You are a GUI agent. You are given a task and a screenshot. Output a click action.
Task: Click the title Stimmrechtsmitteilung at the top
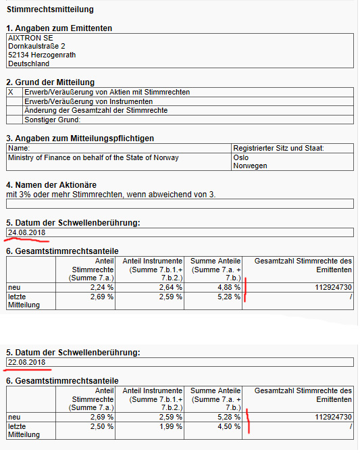click(x=50, y=10)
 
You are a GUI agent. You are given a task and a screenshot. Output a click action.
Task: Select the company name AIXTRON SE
click(x=30, y=38)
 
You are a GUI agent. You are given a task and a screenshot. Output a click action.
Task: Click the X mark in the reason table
click(x=10, y=92)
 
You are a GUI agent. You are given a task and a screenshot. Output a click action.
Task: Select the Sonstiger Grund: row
click(x=52, y=120)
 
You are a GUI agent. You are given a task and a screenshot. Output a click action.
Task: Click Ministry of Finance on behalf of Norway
click(x=93, y=157)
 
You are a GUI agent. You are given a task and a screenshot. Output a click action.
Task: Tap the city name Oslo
click(x=240, y=157)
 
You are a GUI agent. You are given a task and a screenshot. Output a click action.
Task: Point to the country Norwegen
click(x=250, y=166)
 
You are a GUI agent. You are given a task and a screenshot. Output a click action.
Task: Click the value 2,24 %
click(x=101, y=287)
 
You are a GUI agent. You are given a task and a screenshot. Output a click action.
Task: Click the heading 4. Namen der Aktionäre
click(x=52, y=184)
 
